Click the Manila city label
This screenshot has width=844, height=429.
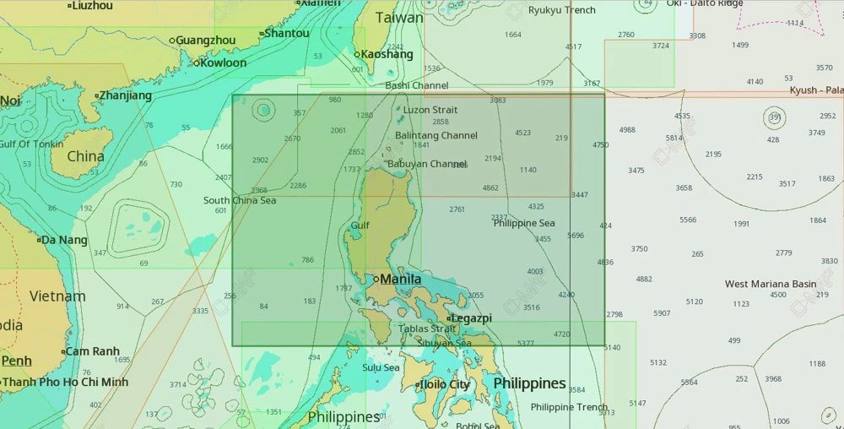coord(401,279)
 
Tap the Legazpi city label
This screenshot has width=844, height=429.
coord(471,318)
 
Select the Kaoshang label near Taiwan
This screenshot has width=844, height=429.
coord(387,54)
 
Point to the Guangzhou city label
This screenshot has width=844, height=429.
coord(206,40)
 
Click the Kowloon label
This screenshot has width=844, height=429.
coord(224,62)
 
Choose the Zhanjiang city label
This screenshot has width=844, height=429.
coord(126,95)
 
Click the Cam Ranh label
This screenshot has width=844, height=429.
coord(93,351)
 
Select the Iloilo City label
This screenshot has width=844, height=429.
coord(446,385)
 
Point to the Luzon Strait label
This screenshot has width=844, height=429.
coord(430,110)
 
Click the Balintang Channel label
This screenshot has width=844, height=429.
coord(436,135)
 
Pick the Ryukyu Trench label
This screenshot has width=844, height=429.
coord(561,10)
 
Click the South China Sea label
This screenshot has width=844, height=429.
coord(240,200)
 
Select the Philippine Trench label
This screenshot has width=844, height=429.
coord(569,407)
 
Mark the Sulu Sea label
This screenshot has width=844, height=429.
coord(381,367)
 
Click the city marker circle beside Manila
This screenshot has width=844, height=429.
coord(376,279)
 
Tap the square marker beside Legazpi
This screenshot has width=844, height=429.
coord(448,318)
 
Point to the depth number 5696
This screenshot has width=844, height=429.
coord(576,236)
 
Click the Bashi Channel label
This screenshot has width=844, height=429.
coord(417,85)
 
